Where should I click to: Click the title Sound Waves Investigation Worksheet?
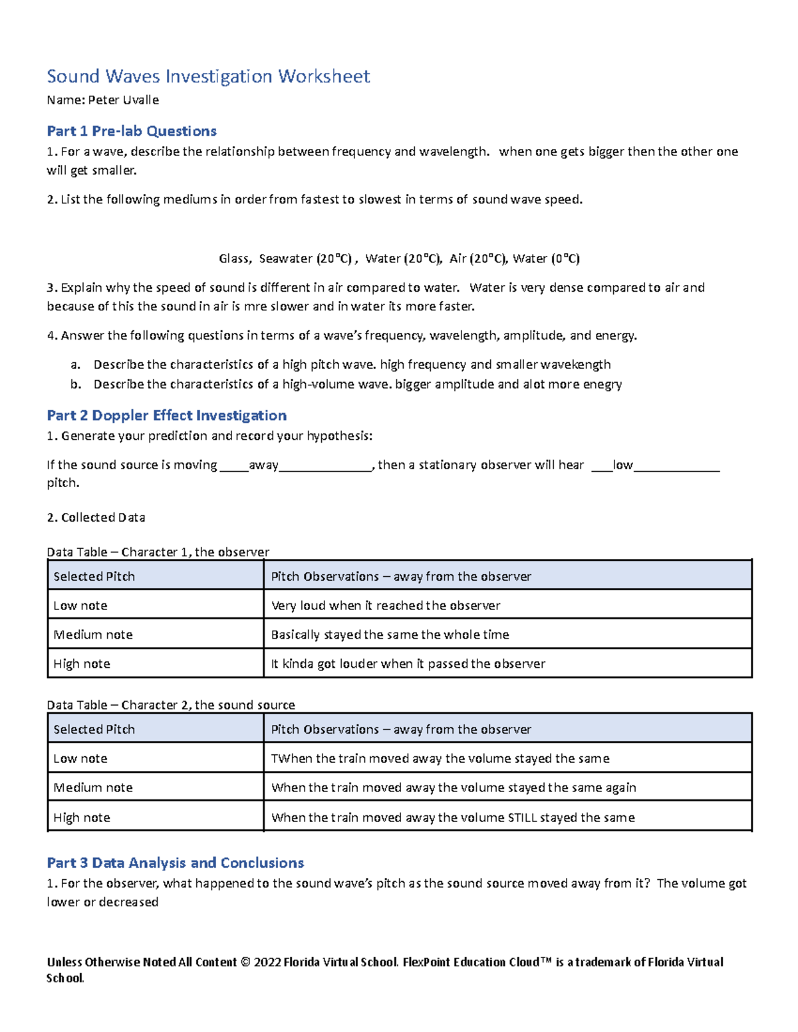tap(208, 76)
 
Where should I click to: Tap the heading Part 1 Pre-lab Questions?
tap(132, 131)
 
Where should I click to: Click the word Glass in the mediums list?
tap(234, 258)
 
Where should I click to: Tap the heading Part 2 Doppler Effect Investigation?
tap(166, 415)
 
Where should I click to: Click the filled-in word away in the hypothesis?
tap(263, 465)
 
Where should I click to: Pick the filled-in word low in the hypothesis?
tap(623, 465)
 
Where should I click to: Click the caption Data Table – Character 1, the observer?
tap(158, 552)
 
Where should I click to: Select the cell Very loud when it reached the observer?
tap(386, 605)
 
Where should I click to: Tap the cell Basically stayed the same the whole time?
tap(390, 635)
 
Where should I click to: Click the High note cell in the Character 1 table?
tap(82, 664)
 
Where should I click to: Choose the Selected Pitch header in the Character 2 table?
tap(94, 729)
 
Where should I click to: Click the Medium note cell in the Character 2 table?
tap(93, 787)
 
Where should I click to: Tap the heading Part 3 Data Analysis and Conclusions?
tap(175, 863)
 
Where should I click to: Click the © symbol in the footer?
tap(245, 962)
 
